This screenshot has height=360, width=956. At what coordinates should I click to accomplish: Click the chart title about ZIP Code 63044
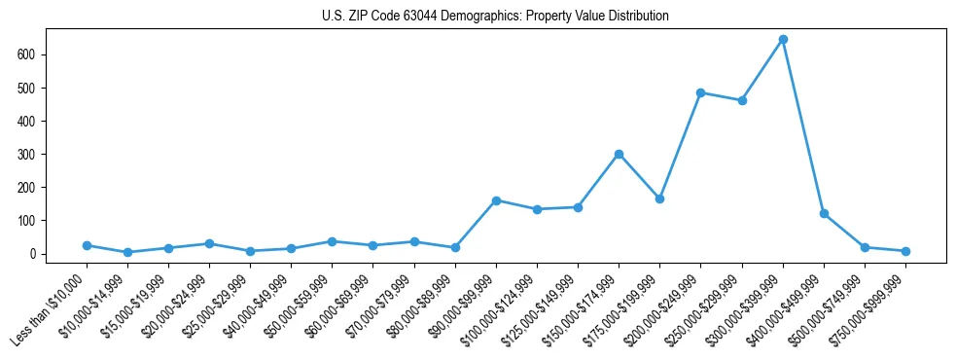(x=495, y=17)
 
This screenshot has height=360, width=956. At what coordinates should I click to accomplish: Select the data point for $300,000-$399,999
(x=783, y=40)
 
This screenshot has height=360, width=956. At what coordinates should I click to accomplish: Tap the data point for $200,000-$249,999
(x=701, y=92)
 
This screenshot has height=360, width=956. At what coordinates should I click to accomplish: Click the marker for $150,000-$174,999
(x=619, y=154)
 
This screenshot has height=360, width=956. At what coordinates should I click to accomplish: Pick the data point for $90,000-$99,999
(x=496, y=200)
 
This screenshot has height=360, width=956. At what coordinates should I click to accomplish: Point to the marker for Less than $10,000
(x=87, y=245)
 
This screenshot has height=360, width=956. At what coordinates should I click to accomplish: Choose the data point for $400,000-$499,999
(x=824, y=213)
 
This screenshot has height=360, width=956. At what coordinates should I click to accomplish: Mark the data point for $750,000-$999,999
(x=905, y=251)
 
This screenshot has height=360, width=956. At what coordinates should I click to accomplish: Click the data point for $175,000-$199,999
(x=659, y=198)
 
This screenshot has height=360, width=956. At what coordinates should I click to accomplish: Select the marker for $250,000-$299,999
(x=742, y=100)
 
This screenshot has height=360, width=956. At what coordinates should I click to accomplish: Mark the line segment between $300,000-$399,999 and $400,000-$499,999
(x=803, y=126)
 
